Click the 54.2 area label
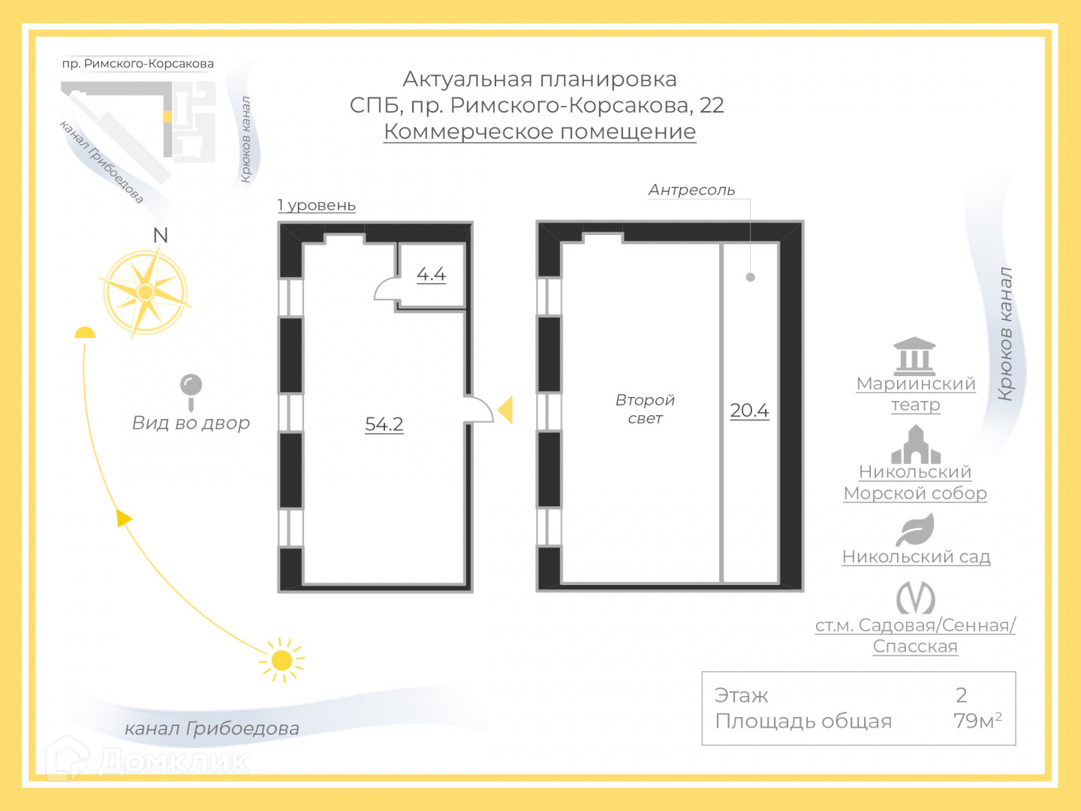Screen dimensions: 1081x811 click(x=384, y=424)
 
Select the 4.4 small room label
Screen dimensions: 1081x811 click(x=431, y=274)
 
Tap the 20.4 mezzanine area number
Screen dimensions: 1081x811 click(x=749, y=411)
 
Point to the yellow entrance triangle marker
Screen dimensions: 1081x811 click(x=506, y=410)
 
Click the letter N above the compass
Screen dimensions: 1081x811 click(x=160, y=236)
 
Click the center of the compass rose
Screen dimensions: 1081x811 click(x=146, y=292)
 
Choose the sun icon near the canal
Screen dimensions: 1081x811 click(x=282, y=661)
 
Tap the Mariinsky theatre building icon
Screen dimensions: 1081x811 click(x=914, y=356)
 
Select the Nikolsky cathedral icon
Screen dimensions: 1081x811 click(x=915, y=445)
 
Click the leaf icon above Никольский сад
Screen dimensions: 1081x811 click(x=916, y=530)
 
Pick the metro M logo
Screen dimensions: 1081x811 click(x=915, y=598)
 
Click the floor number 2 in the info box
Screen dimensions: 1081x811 click(x=961, y=695)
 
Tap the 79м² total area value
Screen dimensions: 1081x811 click(x=977, y=721)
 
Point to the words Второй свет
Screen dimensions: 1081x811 click(x=645, y=409)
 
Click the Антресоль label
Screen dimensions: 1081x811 click(x=691, y=190)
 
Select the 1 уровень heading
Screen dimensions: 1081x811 click(x=316, y=206)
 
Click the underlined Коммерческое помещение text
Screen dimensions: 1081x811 click(x=540, y=131)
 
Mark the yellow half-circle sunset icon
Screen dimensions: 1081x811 click(x=85, y=333)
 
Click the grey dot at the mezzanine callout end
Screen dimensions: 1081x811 click(x=750, y=277)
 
